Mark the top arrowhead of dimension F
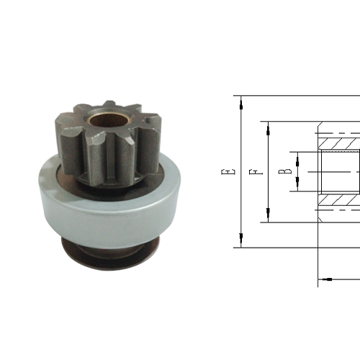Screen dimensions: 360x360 [269, 127]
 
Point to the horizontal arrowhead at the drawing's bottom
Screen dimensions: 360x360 [323, 279]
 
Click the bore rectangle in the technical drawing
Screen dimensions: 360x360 [338, 173]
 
